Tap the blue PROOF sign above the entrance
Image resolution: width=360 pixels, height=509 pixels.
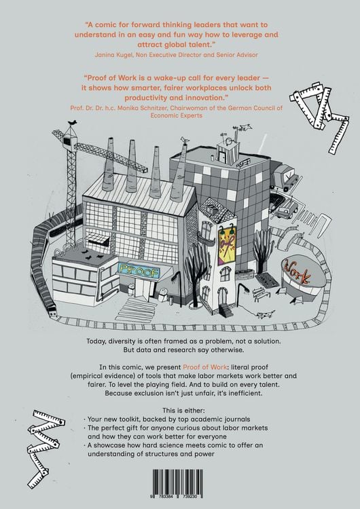139,271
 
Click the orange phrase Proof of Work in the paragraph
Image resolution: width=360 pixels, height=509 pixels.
204,367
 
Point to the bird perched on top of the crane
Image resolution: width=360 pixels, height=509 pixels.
73,122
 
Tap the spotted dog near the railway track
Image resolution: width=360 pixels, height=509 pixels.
265,314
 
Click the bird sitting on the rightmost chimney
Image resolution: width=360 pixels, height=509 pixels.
185,140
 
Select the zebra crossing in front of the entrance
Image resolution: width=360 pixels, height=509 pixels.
135,310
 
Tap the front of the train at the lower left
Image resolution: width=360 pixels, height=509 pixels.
52,312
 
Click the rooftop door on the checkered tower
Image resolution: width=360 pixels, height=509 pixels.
222,157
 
